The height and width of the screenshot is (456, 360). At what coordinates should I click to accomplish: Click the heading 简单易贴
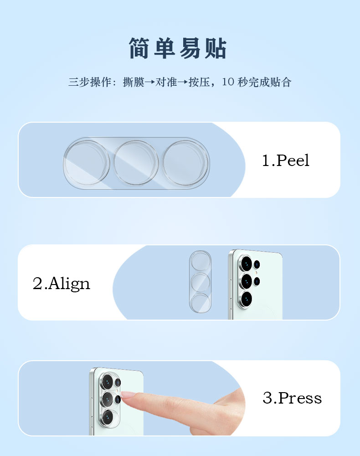coord(178,48)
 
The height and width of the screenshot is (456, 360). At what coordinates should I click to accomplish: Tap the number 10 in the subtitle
coord(228,82)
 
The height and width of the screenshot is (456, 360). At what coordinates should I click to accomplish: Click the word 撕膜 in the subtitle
coord(134,82)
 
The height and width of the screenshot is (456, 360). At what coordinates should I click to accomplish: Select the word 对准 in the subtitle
coord(166,82)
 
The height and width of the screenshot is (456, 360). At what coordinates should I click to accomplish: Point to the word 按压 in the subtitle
coord(199,82)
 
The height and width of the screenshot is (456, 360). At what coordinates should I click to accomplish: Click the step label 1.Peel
coord(286,160)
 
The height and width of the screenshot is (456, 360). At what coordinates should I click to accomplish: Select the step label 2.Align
coord(62,283)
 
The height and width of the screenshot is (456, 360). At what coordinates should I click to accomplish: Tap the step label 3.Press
coord(292,398)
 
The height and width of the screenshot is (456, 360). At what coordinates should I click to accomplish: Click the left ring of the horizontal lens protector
coord(87,163)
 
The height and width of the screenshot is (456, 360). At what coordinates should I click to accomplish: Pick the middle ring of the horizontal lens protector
coord(136,163)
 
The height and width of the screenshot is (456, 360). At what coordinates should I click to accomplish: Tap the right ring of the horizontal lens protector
coord(185,163)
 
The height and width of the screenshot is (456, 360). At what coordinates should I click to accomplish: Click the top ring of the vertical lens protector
coord(200,261)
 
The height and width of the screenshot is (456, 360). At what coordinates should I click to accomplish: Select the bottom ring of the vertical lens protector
coord(200,303)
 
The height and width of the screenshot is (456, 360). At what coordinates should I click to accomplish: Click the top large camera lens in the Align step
coord(246,264)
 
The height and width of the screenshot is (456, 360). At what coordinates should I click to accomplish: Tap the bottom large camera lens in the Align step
coord(246,299)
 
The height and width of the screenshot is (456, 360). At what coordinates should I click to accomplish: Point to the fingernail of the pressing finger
coord(127,394)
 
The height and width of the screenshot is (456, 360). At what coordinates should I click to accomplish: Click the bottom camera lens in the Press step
coord(107,418)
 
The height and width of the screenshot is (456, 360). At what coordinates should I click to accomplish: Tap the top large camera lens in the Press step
coord(107,381)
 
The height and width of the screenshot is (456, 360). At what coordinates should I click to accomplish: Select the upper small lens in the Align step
coord(257,264)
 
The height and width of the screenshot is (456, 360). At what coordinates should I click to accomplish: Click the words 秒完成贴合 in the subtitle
coord(264,82)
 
